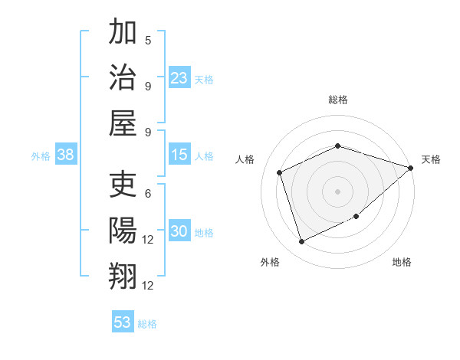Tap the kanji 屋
(x=123, y=123)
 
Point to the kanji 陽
(x=123, y=231)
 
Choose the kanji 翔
(x=123, y=276)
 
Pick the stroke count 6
(x=148, y=194)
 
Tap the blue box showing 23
(x=179, y=77)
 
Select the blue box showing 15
(x=179, y=155)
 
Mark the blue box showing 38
(x=66, y=155)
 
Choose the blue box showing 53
(x=123, y=322)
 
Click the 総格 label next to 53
(x=147, y=324)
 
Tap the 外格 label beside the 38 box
(x=41, y=156)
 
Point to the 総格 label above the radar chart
(x=338, y=100)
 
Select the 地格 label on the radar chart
(x=402, y=262)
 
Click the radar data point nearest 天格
(x=411, y=168)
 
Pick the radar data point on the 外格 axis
(x=301, y=242)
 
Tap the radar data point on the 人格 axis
(x=280, y=172)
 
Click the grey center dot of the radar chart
(x=338, y=191)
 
